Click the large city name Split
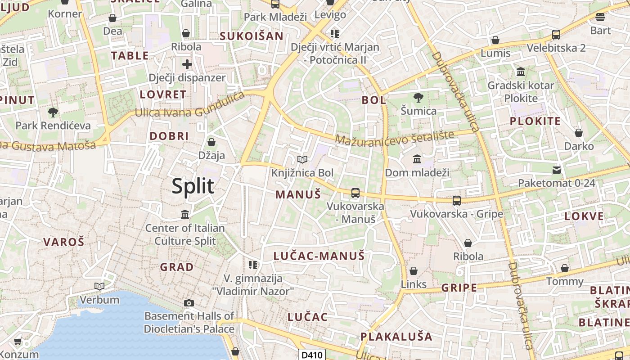193,186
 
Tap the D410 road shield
311,355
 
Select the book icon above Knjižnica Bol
302,160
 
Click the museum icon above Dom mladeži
417,159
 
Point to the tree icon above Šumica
418,97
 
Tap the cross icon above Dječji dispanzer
187,64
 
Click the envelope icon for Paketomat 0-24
557,170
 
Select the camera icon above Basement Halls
189,303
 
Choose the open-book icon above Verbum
99,286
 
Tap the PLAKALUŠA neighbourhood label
396,337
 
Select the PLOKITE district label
535,121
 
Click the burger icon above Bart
600,18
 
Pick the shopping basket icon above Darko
579,133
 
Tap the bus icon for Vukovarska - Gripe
457,201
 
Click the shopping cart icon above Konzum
18,342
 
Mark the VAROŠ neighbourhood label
63,242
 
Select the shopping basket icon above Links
413,271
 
